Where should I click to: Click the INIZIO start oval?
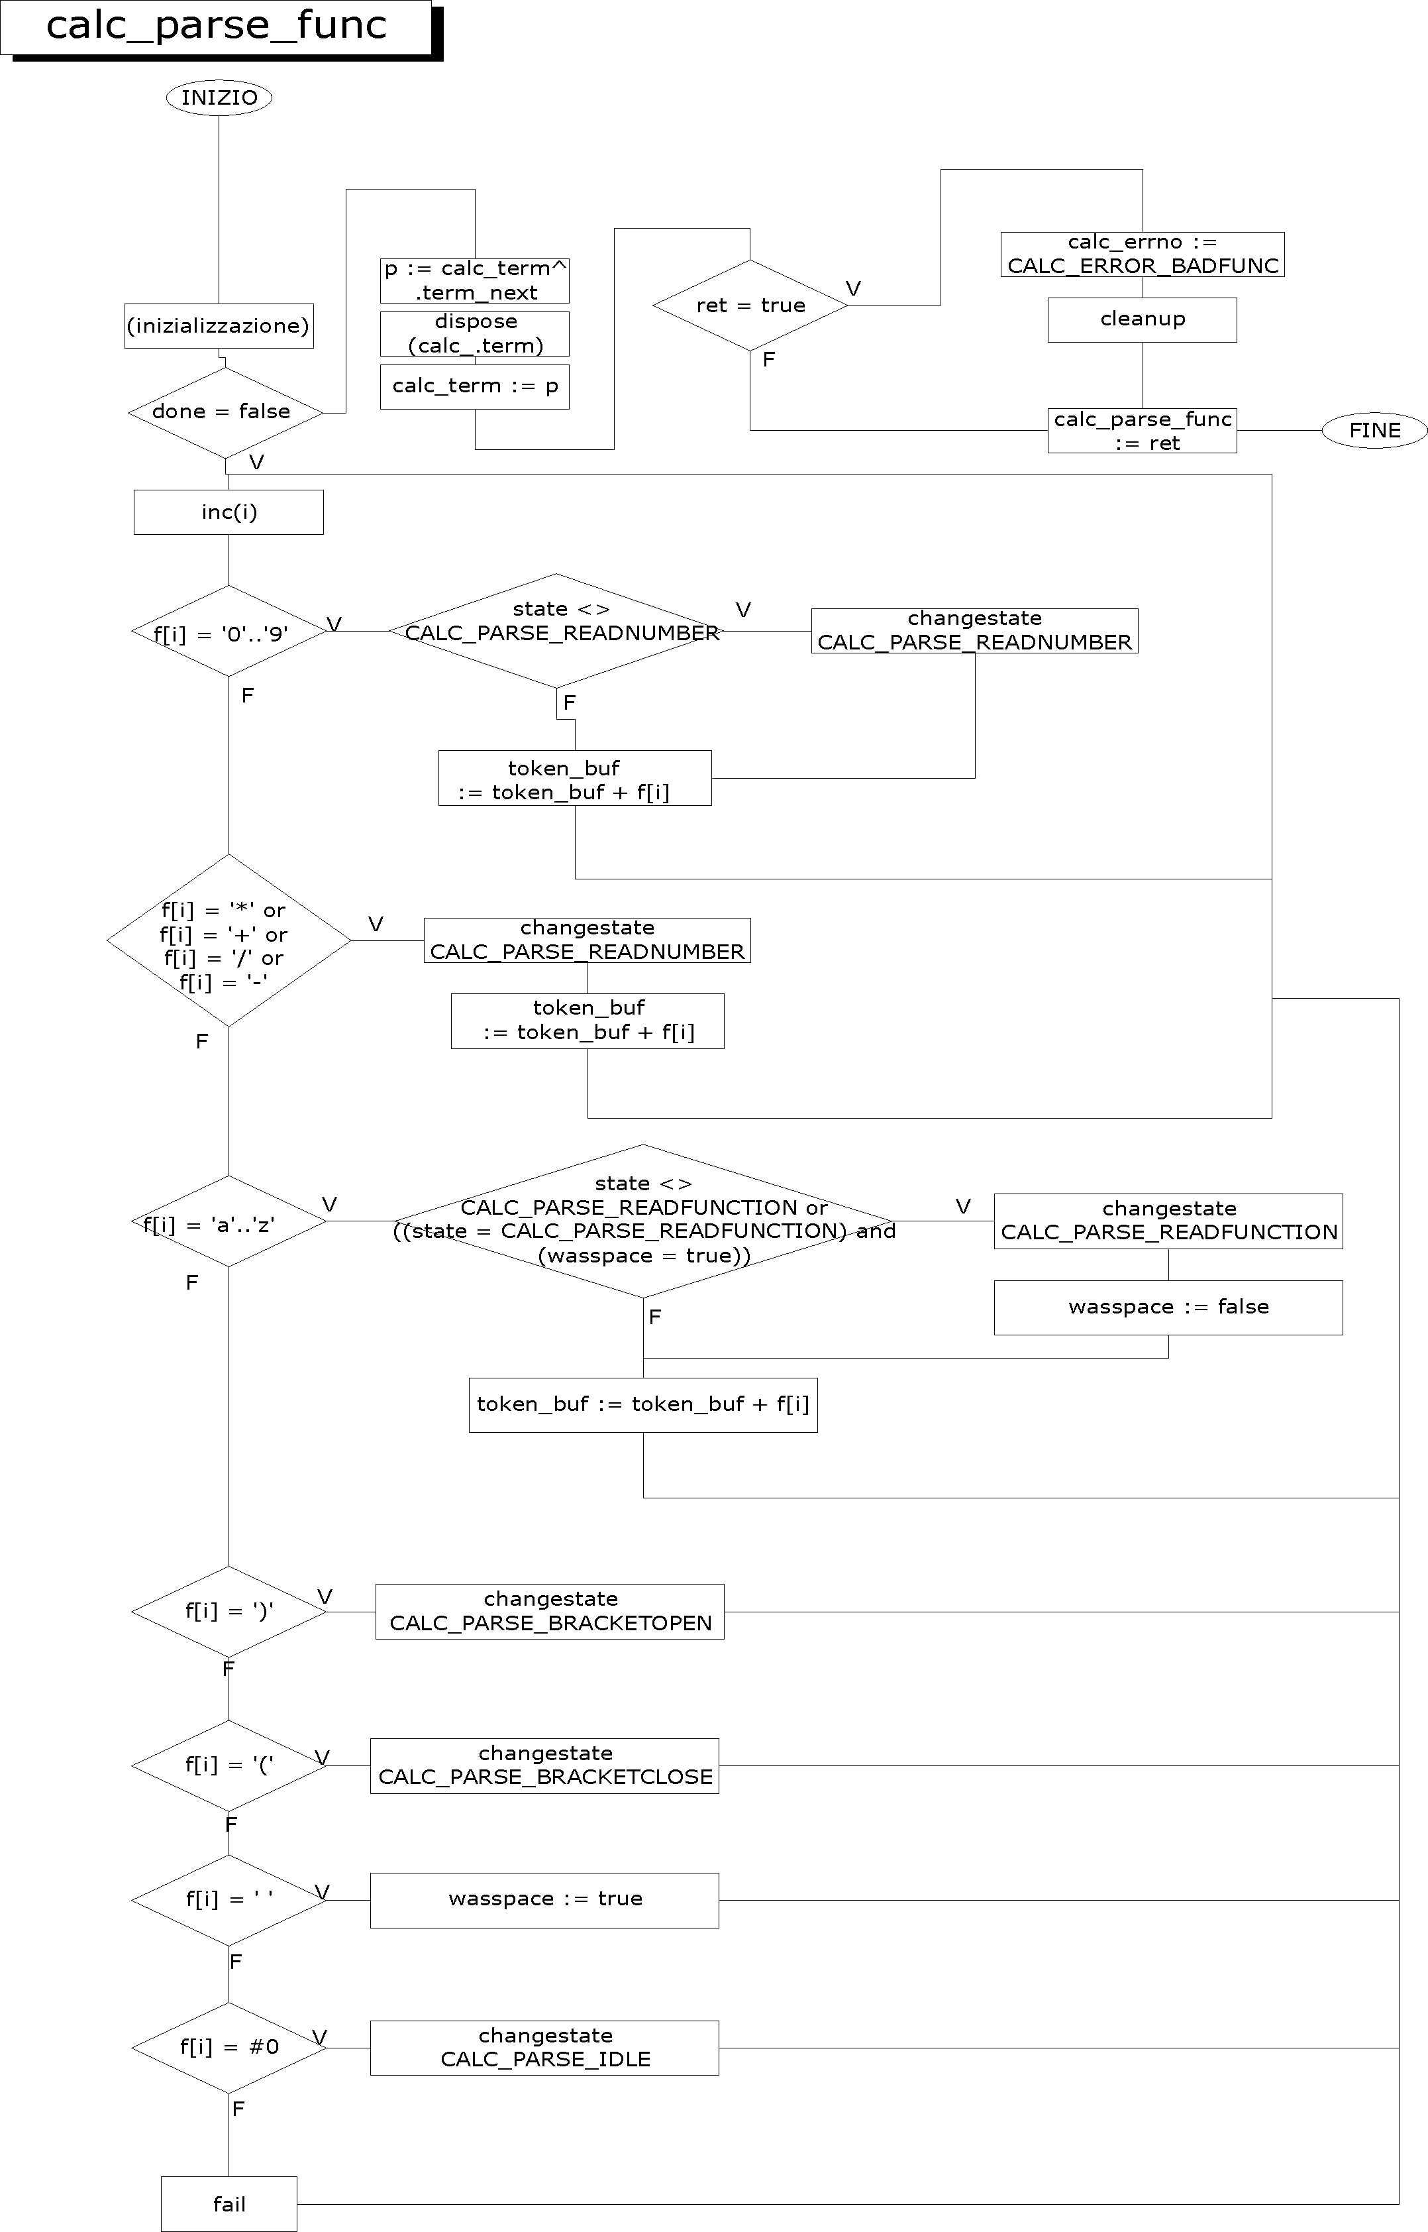point(219,97)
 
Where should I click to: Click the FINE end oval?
point(1374,431)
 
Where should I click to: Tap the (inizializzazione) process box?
point(219,325)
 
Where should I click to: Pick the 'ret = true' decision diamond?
point(750,306)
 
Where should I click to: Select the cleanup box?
point(1143,319)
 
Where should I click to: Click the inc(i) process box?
point(228,512)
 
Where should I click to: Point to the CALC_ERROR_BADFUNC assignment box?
point(1143,254)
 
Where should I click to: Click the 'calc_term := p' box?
point(475,387)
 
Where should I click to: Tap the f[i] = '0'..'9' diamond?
point(228,631)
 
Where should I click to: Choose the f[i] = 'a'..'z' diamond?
point(228,1222)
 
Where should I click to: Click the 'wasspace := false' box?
point(1168,1307)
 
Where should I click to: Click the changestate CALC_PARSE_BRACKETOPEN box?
point(550,1612)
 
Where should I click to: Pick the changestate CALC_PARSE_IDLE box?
point(544,2047)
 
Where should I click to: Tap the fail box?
point(229,2204)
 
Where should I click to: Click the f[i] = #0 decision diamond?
point(228,2047)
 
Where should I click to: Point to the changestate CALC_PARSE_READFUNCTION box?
point(1168,1221)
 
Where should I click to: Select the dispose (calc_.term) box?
point(475,334)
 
